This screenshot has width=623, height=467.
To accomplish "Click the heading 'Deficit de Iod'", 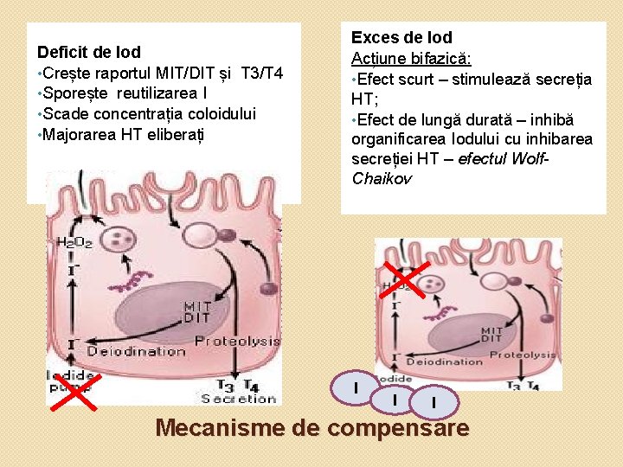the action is [89, 52].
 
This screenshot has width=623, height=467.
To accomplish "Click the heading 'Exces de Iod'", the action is [401, 38].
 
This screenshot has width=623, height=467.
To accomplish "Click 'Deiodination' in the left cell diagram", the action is [136, 352].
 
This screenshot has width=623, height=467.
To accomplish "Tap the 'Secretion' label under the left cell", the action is [237, 399].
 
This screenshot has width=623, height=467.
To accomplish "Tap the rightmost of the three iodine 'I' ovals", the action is [433, 400].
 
